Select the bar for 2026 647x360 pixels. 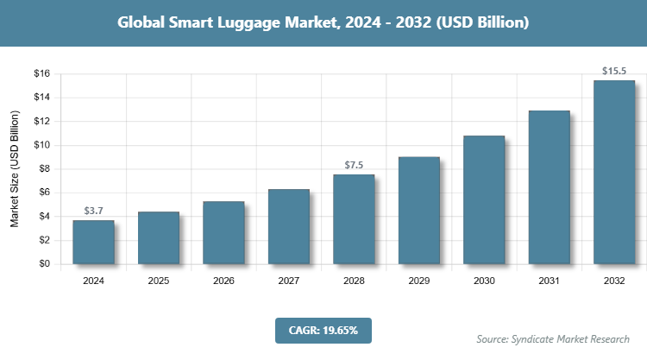tap(223, 233)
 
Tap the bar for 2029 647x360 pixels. tap(418, 211)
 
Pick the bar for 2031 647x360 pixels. tap(549, 187)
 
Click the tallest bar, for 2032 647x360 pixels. tap(614, 173)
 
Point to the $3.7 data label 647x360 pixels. tap(93, 211)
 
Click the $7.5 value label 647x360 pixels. tap(354, 165)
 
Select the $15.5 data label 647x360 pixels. tap(614, 70)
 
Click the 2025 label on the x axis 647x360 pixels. tap(159, 281)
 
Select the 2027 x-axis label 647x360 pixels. tap(289, 281)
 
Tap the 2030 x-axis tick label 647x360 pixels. tap(484, 281)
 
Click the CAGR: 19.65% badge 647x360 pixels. tap(323, 329)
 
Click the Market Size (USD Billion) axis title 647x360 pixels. tap(15, 169)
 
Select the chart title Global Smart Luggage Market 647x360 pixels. tap(323, 22)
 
